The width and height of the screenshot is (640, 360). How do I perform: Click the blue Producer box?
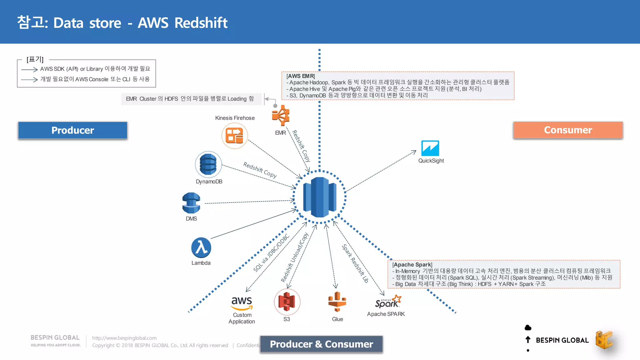[x=72, y=130]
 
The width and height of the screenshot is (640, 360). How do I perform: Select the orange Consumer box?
[x=568, y=130]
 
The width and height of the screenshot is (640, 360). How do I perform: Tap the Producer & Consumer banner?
[x=321, y=344]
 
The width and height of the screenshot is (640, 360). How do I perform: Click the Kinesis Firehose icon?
[x=235, y=136]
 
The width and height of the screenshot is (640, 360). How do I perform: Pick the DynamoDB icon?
[x=208, y=164]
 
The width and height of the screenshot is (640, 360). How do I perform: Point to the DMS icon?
[x=191, y=203]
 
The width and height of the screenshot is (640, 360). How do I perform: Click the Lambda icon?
[x=201, y=248]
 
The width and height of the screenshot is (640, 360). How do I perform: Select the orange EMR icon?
[x=281, y=115]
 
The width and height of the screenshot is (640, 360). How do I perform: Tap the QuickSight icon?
[x=430, y=148]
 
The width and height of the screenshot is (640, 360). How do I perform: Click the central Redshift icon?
[x=319, y=197]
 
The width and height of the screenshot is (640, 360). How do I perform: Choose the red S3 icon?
[x=287, y=302]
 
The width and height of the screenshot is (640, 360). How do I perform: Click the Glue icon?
[x=337, y=302]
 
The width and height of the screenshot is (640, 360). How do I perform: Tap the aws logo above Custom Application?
[x=242, y=302]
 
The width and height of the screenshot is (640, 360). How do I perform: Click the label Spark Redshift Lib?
[x=355, y=263]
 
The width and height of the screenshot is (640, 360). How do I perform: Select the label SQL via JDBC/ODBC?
[x=271, y=253]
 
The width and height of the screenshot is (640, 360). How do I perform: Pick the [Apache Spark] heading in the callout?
[x=412, y=265]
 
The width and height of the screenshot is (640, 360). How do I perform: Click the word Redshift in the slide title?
[x=201, y=23]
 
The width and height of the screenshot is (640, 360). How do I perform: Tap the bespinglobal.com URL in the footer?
[x=124, y=338]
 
